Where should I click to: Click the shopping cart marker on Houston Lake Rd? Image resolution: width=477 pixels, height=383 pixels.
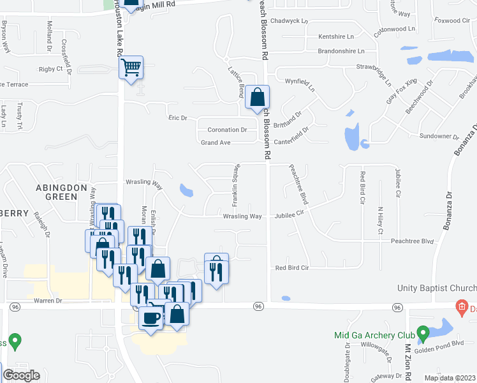[131, 67]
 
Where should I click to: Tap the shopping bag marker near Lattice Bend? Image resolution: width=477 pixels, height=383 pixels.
[258, 97]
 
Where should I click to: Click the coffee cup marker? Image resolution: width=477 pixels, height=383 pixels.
[151, 318]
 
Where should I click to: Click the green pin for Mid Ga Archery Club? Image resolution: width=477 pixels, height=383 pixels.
[422, 333]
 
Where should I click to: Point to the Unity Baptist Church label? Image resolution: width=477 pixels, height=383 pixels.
[437, 289]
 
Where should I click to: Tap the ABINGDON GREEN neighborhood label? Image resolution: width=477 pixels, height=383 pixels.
[61, 193]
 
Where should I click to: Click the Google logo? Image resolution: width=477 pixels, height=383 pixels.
[21, 375]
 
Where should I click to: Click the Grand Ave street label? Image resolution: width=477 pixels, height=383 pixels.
[215, 142]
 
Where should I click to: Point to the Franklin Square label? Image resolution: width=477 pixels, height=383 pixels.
[236, 191]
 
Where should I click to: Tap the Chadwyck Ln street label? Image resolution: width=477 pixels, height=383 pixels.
[289, 21]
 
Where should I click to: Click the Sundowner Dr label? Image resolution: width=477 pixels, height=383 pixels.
[439, 137]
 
